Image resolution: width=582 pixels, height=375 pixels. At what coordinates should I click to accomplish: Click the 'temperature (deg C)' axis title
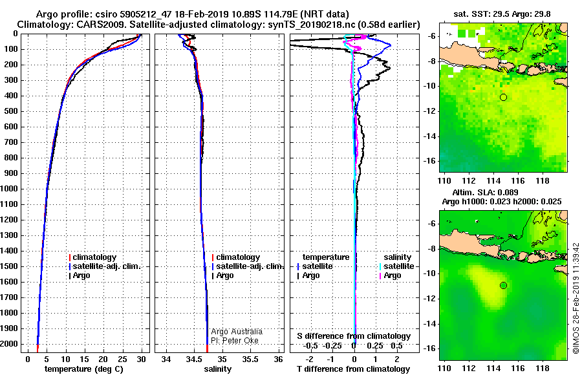[x=84, y=369]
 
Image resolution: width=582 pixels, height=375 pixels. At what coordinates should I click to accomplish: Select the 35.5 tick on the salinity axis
[x=250, y=359]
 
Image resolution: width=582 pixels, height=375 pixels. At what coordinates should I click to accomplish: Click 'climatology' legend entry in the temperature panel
[x=94, y=257]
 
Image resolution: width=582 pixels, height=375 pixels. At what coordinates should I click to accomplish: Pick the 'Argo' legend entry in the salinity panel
[x=224, y=275]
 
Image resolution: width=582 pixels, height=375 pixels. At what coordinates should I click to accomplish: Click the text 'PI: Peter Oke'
[x=237, y=339]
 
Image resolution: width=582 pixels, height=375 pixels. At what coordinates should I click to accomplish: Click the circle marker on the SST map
[x=503, y=97]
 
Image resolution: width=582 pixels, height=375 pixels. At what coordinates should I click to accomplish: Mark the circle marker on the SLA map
[x=503, y=285]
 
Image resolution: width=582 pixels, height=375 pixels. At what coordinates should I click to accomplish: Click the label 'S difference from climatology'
[x=354, y=336]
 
